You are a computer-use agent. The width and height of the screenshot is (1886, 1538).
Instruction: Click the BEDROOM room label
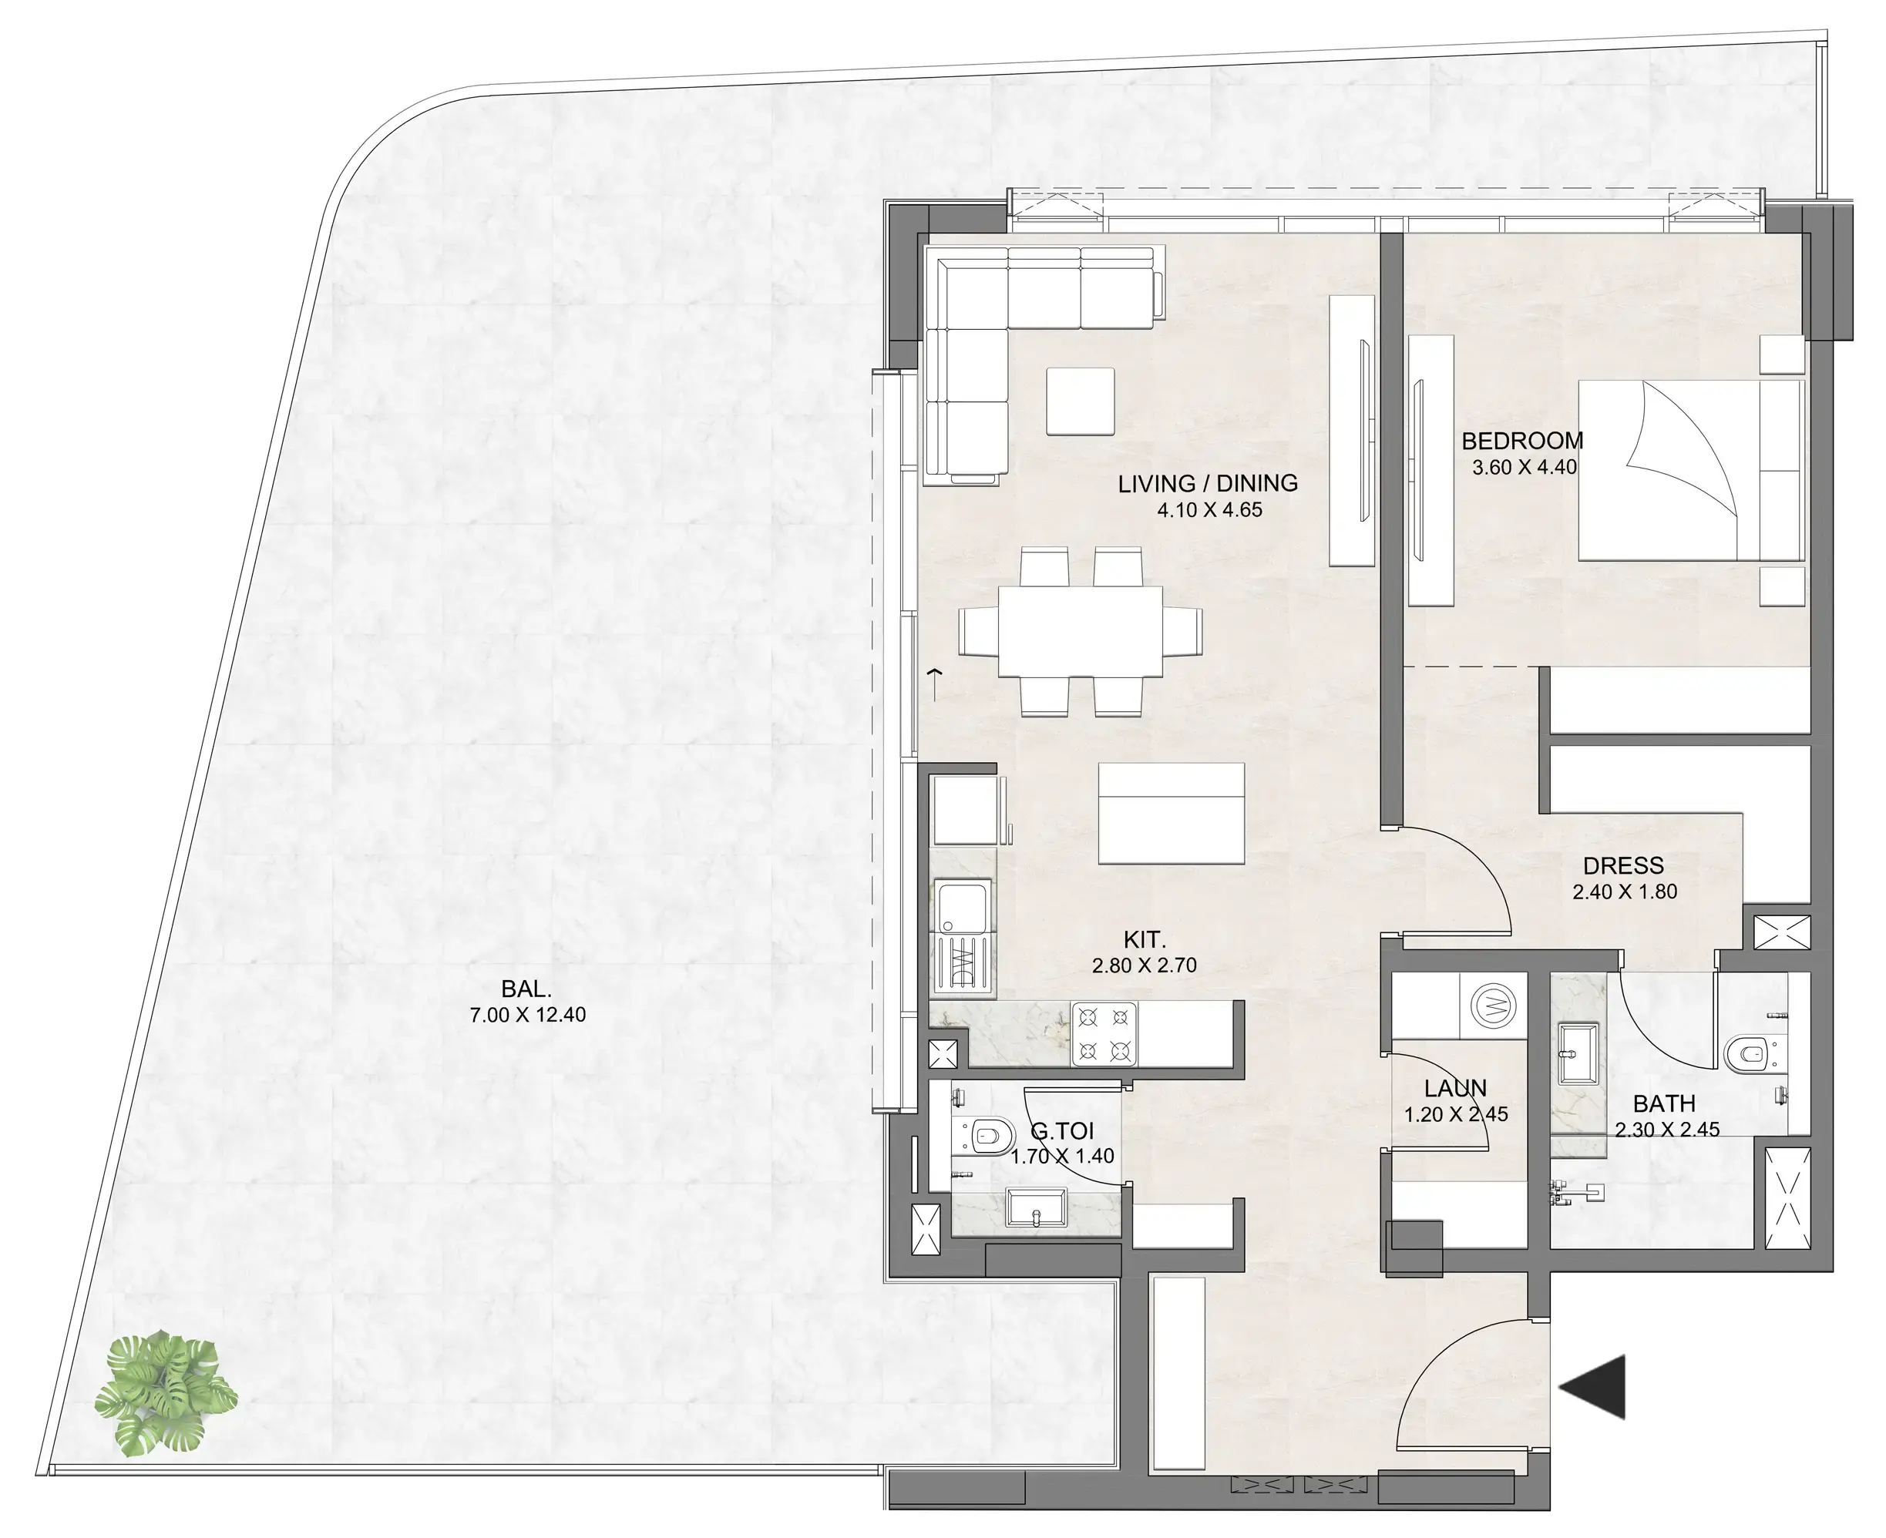coord(1521,440)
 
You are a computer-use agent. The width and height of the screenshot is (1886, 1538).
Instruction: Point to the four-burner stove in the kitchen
coord(1104,1034)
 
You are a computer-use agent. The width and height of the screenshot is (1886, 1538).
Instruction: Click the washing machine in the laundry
coord(1492,1006)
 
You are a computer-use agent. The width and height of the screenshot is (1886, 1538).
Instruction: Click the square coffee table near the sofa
coord(1080,401)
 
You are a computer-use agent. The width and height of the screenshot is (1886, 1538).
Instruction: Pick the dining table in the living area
coord(1081,631)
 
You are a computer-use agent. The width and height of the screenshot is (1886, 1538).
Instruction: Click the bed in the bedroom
coord(1689,471)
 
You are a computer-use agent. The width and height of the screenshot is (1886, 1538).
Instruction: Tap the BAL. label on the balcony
coord(526,989)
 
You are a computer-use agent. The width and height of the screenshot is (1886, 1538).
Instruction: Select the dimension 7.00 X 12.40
coord(527,1016)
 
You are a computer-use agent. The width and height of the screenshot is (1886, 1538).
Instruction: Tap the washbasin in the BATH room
coord(1578,1053)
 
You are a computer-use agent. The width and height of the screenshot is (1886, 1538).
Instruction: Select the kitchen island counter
coord(1171,813)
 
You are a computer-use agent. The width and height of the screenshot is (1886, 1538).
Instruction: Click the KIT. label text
coord(1145,939)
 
